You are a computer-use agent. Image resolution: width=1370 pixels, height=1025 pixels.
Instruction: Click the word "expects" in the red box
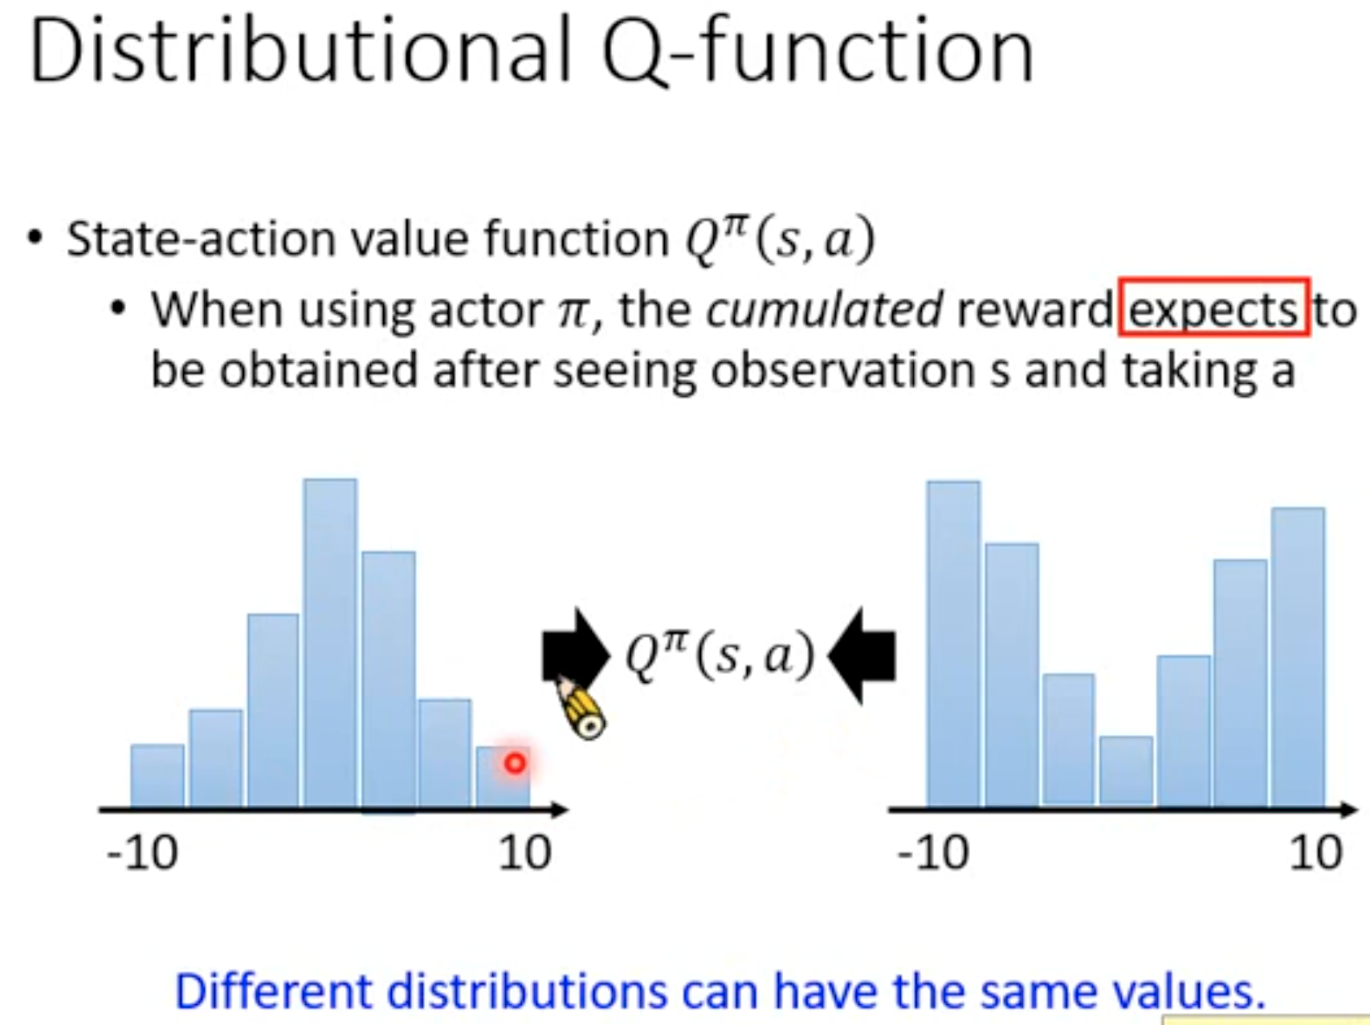[x=1213, y=309]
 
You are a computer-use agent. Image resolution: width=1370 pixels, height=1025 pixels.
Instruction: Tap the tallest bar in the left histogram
[x=330, y=643]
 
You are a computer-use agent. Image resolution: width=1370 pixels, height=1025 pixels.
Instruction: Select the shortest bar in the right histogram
[x=1126, y=771]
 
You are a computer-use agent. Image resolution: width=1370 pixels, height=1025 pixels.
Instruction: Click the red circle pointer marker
[x=515, y=762]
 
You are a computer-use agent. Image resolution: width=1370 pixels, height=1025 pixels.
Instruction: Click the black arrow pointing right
[x=576, y=654]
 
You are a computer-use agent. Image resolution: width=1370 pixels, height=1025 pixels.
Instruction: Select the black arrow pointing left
[x=862, y=655]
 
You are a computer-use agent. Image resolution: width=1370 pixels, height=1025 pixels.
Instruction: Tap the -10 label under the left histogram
[x=142, y=852]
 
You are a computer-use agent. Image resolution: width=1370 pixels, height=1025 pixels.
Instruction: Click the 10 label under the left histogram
[x=524, y=852]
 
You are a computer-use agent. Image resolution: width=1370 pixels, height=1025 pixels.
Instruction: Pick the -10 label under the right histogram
[x=933, y=852]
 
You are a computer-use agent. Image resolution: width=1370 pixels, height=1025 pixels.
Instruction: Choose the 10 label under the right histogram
[x=1315, y=852]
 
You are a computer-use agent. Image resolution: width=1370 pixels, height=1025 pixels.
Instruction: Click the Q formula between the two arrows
[x=720, y=655]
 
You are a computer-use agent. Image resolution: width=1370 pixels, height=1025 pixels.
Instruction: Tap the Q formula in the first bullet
[x=779, y=239]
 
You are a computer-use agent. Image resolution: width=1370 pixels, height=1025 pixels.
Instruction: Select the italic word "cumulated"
[x=824, y=309]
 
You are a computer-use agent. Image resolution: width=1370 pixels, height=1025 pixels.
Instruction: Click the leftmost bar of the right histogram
[x=953, y=643]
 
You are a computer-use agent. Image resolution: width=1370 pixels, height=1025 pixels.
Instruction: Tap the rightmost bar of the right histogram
[x=1299, y=657]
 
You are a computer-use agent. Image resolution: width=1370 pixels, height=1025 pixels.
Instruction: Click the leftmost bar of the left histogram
[x=157, y=776]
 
